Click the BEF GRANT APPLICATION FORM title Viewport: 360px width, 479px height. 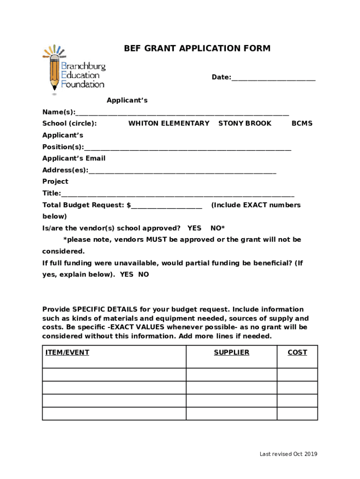197,49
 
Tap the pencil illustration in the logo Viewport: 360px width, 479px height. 54,70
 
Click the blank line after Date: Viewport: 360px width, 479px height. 273,78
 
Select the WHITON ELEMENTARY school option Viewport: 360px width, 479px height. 169,123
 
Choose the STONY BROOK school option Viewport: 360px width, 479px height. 245,123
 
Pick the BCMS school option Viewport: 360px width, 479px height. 302,123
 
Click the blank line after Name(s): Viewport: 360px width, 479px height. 182,113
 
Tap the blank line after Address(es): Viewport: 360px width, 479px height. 182,171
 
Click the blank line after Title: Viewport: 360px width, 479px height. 178,194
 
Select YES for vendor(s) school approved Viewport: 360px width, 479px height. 194,228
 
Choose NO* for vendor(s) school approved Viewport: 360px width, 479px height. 217,228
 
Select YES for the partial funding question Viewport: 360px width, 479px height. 126,275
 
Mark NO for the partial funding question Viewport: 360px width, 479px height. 144,275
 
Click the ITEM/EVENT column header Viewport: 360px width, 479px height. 67,353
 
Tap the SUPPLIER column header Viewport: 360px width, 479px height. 231,353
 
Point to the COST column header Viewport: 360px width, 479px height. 297,353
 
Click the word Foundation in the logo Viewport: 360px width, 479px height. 83,84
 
